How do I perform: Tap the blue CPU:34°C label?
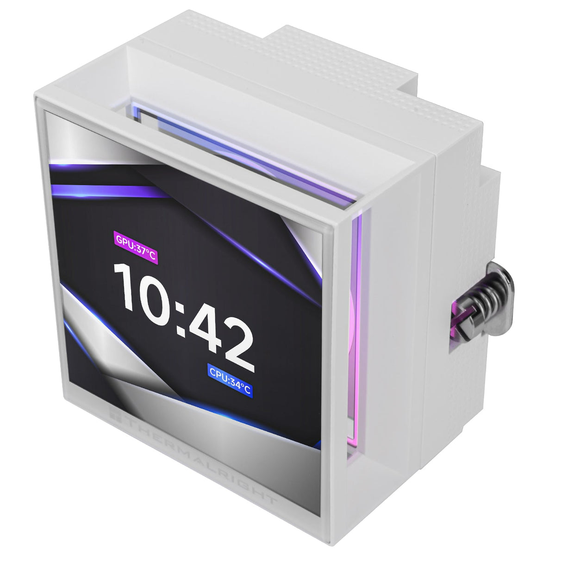pyautogui.click(x=230, y=386)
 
